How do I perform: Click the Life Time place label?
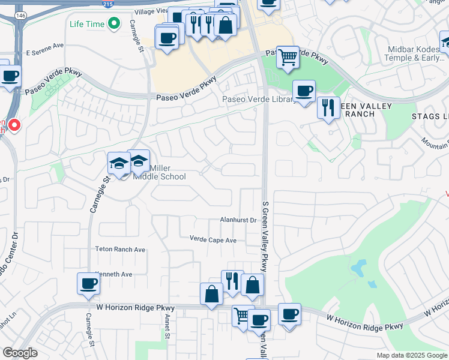pyautogui.click(x=86, y=24)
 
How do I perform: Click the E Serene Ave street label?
pyautogui.click(x=44, y=46)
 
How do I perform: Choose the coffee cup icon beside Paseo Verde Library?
pyautogui.click(x=304, y=91)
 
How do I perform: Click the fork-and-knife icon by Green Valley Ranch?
pyautogui.click(x=328, y=108)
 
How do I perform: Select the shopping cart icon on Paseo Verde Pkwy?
pyautogui.click(x=288, y=57)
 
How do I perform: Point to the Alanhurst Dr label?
pyautogui.click(x=238, y=220)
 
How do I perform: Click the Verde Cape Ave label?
pyautogui.click(x=213, y=240)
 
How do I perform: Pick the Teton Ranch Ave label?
pyautogui.click(x=120, y=249)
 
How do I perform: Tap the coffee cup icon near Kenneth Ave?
pyautogui.click(x=88, y=283)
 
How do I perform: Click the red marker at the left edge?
pyautogui.click(x=14, y=125)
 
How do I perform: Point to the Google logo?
pyautogui.click(x=20, y=353)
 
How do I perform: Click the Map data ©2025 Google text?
pyautogui.click(x=411, y=355)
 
